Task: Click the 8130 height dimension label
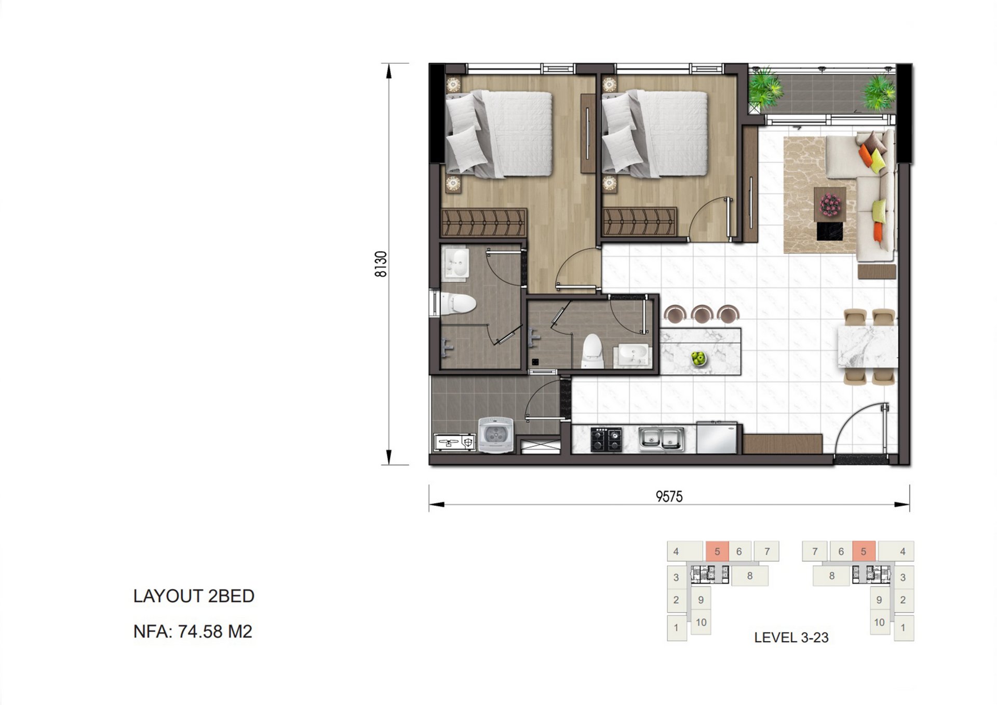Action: tap(381, 264)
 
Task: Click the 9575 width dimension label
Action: tap(669, 497)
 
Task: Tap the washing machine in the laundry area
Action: tap(496, 435)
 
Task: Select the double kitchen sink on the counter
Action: tap(661, 439)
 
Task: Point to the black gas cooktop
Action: tap(606, 439)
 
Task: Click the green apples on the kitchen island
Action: tap(698, 358)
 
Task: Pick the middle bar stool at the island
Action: tap(701, 314)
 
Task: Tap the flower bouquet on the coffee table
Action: tap(830, 204)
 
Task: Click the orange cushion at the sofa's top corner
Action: tap(865, 154)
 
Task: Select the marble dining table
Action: tap(867, 346)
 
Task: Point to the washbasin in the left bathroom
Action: tap(455, 263)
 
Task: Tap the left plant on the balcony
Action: tap(765, 87)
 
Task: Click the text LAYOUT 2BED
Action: tap(194, 596)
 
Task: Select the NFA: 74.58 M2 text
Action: tap(193, 631)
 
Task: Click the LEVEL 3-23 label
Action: tap(791, 638)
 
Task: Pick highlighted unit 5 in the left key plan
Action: tap(717, 551)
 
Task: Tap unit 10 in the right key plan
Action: tap(879, 622)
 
